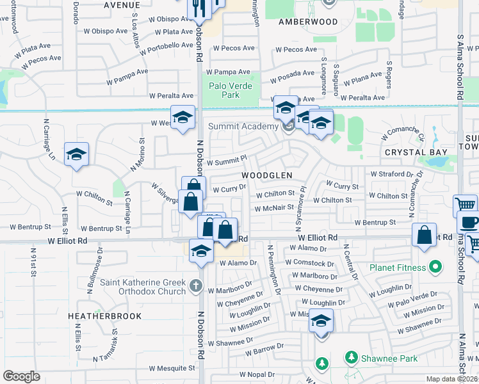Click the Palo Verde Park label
(231, 90)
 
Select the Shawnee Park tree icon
(350, 356)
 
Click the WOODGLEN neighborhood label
(267, 175)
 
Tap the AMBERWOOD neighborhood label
(308, 21)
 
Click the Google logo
(21, 376)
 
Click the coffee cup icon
(469, 223)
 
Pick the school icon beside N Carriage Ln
(76, 154)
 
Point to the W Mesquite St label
(172, 368)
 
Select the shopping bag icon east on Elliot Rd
(425, 235)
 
